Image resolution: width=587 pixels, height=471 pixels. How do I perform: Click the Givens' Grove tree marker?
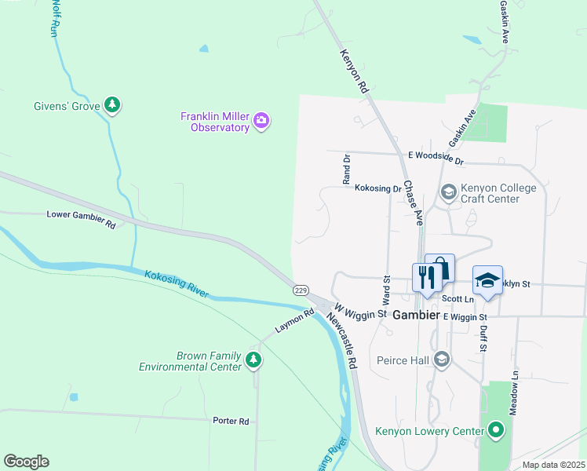113,105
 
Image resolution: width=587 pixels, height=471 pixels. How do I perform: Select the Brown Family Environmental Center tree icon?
253,360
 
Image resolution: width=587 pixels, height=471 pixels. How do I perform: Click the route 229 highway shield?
300,290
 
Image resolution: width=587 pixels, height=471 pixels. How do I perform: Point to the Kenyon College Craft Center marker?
449,192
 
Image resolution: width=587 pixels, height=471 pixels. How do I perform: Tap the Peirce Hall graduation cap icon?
442,360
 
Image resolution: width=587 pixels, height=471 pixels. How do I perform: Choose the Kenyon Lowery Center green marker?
496,430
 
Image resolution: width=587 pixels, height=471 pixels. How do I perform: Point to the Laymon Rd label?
294,321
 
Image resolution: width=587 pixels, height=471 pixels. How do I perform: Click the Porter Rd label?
231,421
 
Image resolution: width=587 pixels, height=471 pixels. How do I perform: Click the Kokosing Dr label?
377,188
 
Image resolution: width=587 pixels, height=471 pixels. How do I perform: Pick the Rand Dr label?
346,169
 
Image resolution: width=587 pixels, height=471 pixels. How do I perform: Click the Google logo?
26,462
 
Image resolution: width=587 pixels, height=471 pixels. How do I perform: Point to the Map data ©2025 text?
553,465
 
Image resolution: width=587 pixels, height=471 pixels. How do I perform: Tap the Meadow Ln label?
514,392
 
